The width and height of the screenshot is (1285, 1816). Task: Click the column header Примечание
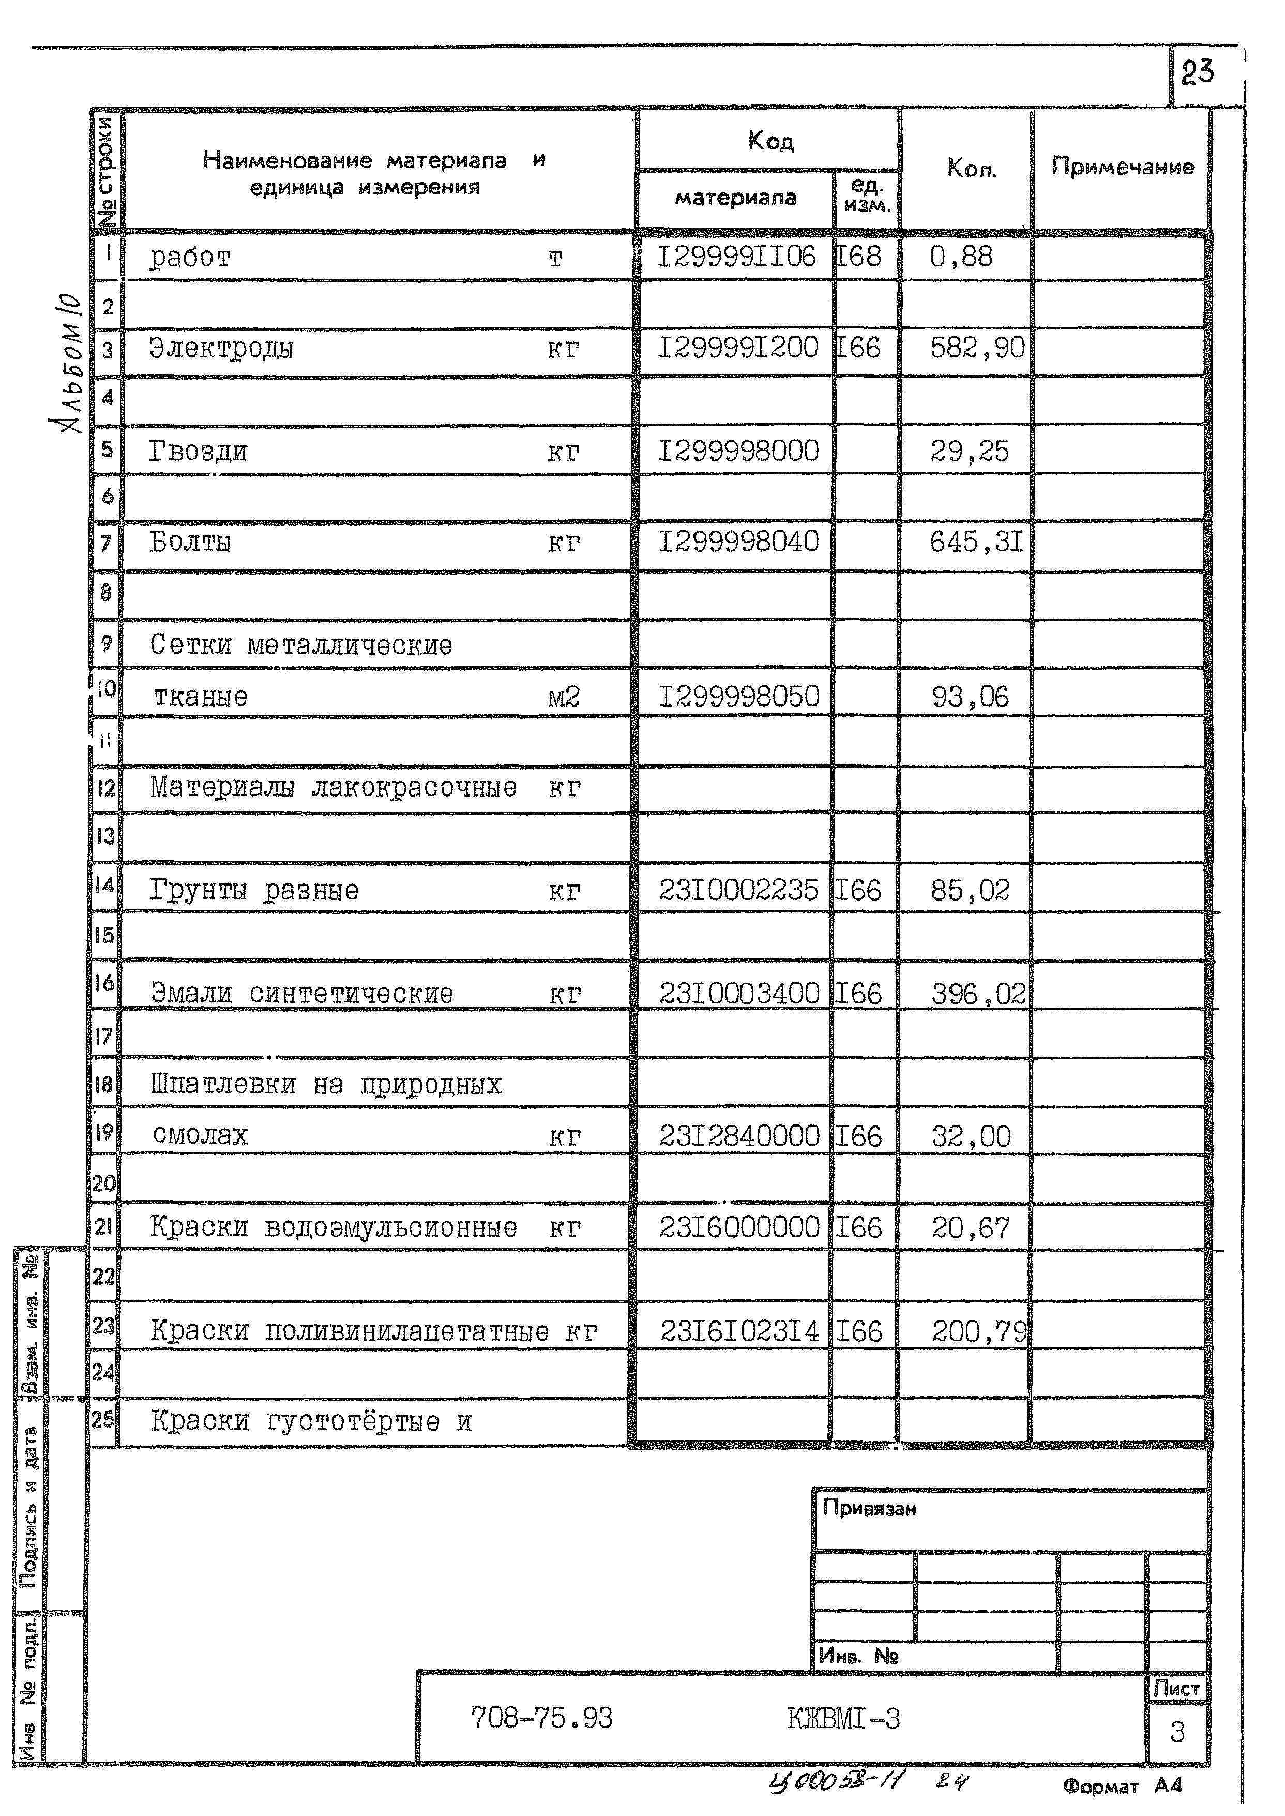point(1122,167)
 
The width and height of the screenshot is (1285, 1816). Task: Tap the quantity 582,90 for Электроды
point(976,348)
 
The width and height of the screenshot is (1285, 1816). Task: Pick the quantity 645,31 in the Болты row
point(976,543)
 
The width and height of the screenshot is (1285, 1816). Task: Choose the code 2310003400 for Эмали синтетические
point(739,994)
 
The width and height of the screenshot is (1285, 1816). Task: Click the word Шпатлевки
point(223,1085)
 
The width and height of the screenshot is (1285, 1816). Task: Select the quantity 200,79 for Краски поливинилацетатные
point(978,1332)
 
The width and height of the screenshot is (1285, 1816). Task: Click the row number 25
point(103,1420)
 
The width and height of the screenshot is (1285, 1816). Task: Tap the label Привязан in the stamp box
point(869,1508)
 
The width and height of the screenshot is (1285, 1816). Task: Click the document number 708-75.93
point(541,1718)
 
